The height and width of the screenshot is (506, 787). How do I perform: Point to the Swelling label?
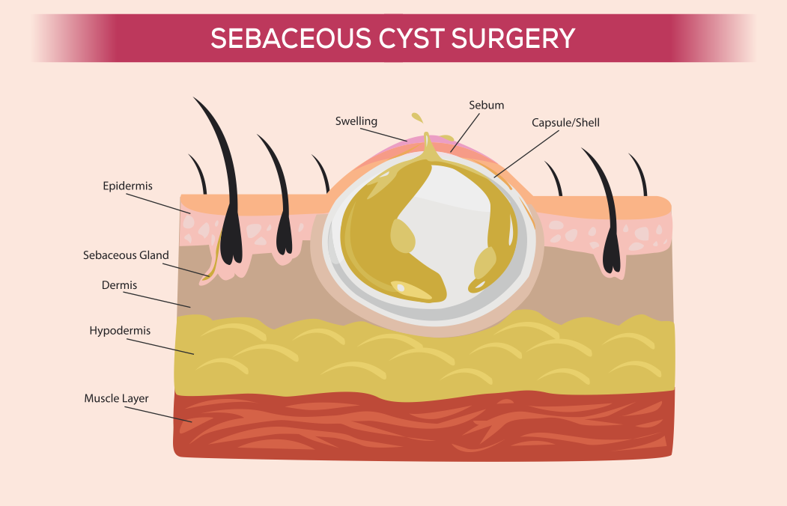pos(356,121)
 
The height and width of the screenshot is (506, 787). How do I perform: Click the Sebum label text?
pos(487,106)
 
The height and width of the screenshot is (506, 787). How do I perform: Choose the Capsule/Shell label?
pos(565,122)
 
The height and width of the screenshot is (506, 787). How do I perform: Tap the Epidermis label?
pos(127,186)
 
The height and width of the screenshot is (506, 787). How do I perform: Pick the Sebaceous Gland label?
pos(126,255)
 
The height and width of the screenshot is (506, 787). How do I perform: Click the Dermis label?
pos(119,285)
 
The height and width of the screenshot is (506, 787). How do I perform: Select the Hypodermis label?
pos(120,330)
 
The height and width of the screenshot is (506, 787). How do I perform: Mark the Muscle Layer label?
pos(116,398)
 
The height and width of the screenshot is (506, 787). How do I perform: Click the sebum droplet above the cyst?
pos(417,118)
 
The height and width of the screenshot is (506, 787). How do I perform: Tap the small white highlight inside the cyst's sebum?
pos(401,287)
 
